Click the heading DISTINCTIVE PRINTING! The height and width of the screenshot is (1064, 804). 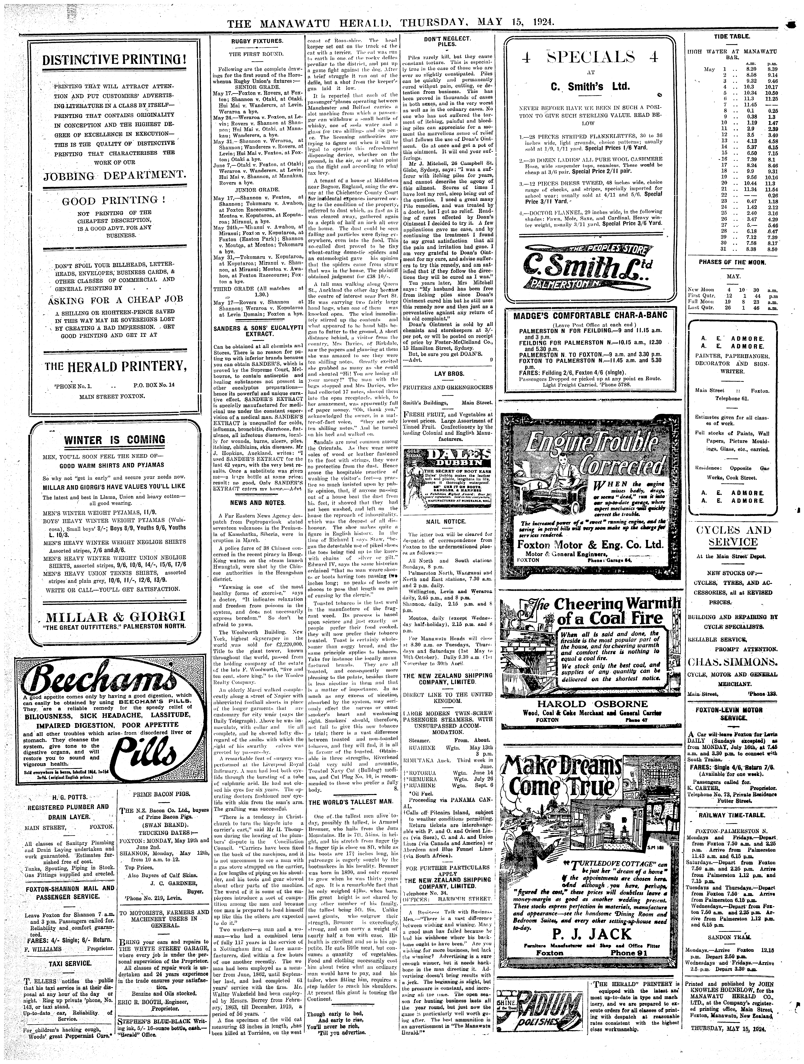pos(114,60)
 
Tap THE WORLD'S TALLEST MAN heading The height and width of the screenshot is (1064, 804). pos(351,802)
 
